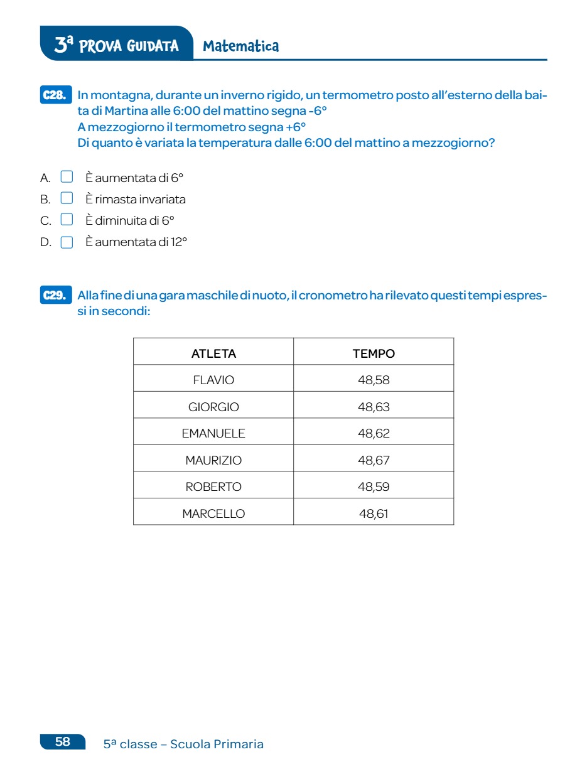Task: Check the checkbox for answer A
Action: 67,177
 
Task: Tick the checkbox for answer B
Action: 67,198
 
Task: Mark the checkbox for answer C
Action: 67,220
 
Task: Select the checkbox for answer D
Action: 67,242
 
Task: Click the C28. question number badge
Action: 55,95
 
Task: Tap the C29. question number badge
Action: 55,295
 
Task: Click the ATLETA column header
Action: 213,353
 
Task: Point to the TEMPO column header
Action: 374,353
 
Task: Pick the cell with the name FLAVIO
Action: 213,380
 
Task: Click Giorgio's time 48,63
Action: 374,407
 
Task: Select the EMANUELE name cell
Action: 213,433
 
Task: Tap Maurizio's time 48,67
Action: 374,460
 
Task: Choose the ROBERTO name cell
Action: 213,486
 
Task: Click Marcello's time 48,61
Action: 374,513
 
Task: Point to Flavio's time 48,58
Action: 374,380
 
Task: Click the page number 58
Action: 63,741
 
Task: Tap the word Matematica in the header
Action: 241,46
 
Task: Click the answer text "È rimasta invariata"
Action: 136,200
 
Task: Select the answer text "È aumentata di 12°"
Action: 136,242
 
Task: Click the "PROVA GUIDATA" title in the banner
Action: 129,46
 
